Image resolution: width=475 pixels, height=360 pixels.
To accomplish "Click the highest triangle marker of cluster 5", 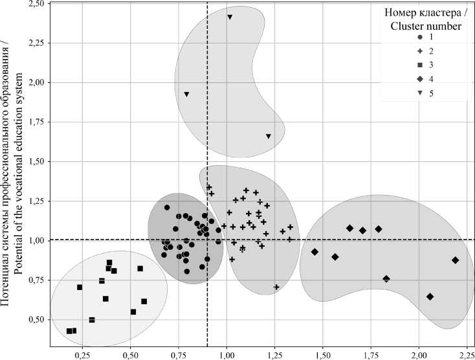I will point(230,17).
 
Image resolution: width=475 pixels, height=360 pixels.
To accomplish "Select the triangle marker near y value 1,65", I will point(268,136).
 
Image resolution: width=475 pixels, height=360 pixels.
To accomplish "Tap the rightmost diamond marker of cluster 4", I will point(456,260).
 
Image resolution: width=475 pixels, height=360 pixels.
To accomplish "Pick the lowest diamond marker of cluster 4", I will point(430,297).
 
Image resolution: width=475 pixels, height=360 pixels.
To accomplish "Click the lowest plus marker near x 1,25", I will point(277,287).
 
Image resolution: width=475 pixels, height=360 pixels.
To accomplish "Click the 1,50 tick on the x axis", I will point(322,347).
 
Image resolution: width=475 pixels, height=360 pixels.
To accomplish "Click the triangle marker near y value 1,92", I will point(186,95).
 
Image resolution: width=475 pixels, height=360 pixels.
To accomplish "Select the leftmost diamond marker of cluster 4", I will point(315,252).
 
